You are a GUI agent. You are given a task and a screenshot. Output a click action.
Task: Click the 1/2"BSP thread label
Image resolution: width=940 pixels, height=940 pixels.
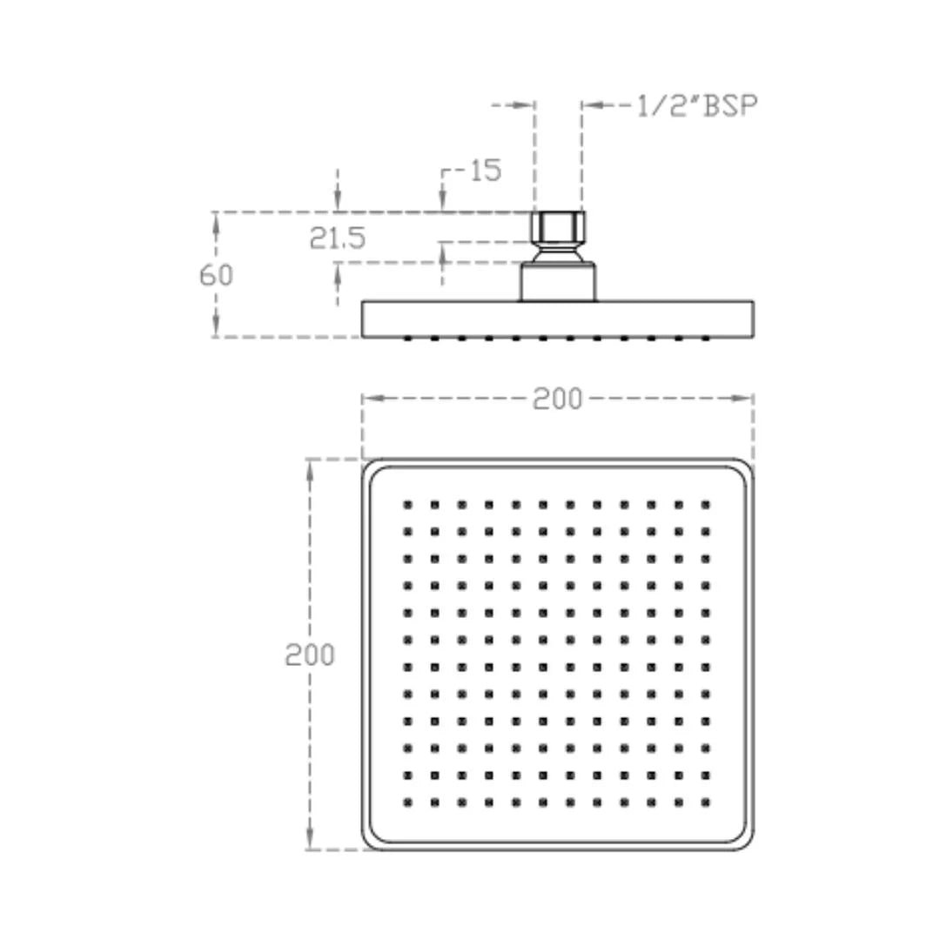(696, 105)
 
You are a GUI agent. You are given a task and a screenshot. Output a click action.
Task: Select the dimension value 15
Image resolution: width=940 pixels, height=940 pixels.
(486, 171)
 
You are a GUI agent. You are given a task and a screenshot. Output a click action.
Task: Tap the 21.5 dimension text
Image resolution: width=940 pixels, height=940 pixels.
(337, 238)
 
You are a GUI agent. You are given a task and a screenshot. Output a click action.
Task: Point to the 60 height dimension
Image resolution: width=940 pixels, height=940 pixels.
(216, 275)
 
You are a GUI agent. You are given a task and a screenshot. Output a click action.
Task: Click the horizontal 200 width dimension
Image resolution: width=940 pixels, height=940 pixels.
(558, 399)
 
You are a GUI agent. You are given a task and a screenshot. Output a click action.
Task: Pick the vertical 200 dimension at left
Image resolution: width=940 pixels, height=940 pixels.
(309, 655)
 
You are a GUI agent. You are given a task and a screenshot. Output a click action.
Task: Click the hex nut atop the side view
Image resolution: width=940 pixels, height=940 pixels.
(558, 226)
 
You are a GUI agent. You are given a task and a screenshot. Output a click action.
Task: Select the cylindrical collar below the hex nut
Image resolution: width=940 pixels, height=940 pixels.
(558, 282)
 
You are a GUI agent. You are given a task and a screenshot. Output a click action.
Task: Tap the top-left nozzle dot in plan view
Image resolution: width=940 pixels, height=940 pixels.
(407, 505)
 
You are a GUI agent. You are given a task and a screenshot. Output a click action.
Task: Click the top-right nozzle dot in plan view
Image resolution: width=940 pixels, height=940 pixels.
(706, 505)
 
